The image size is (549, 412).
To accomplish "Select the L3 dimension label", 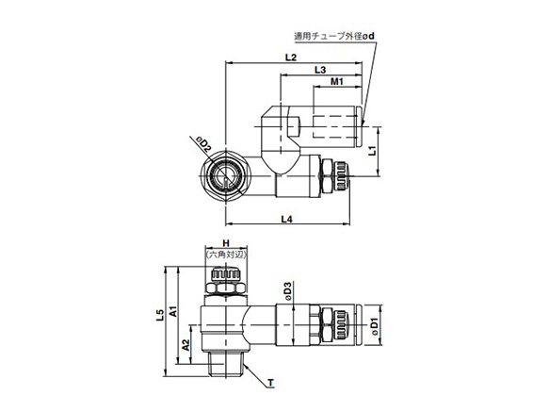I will pyautogui.click(x=320, y=71).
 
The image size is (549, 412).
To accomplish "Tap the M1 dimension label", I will pyautogui.click(x=337, y=85).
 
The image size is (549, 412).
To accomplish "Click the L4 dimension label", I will pyautogui.click(x=289, y=220).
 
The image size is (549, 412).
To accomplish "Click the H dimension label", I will pyautogui.click(x=225, y=242).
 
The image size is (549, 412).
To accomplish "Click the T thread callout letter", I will pyautogui.click(x=270, y=383).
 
